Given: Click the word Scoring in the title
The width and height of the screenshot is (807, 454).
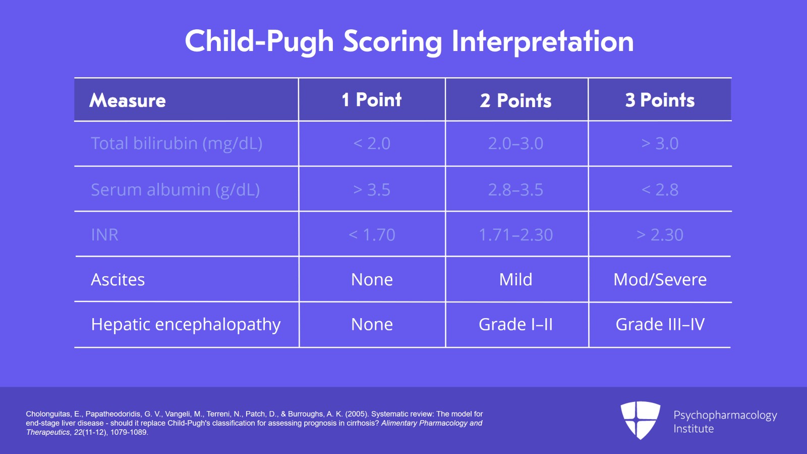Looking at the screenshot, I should click(x=392, y=42).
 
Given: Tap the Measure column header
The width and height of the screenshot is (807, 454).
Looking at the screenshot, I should click(x=128, y=100).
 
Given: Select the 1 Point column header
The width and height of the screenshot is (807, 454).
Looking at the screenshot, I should click(x=372, y=100).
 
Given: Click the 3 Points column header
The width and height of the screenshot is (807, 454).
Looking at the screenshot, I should click(x=660, y=100).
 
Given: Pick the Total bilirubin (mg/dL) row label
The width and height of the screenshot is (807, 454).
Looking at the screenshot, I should click(x=177, y=143).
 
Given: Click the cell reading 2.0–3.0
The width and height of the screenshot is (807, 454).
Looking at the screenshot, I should click(x=515, y=143).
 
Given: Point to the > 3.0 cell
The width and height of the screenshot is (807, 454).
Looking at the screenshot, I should click(x=660, y=143).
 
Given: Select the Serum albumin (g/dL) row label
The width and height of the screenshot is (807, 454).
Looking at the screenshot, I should click(x=175, y=190).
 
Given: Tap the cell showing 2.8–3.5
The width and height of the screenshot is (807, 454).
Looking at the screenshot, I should click(x=515, y=190).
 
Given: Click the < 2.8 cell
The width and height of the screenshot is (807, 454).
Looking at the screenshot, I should click(x=660, y=190).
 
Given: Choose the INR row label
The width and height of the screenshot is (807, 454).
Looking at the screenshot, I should click(x=104, y=235).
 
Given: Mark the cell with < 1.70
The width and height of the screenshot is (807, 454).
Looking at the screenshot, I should click(x=372, y=235).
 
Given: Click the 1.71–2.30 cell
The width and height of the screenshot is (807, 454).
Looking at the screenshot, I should click(x=515, y=235).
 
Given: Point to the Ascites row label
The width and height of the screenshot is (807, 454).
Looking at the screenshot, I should click(x=118, y=280).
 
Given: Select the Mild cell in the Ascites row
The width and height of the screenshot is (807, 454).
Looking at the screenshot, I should click(x=515, y=280).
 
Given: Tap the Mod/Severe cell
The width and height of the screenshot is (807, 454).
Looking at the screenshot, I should click(x=660, y=280).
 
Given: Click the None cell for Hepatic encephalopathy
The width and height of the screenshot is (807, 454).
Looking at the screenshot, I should click(x=372, y=324).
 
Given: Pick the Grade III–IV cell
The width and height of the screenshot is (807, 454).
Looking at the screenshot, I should click(x=660, y=324).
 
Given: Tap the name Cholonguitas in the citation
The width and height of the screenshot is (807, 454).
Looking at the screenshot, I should click(x=48, y=414).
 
